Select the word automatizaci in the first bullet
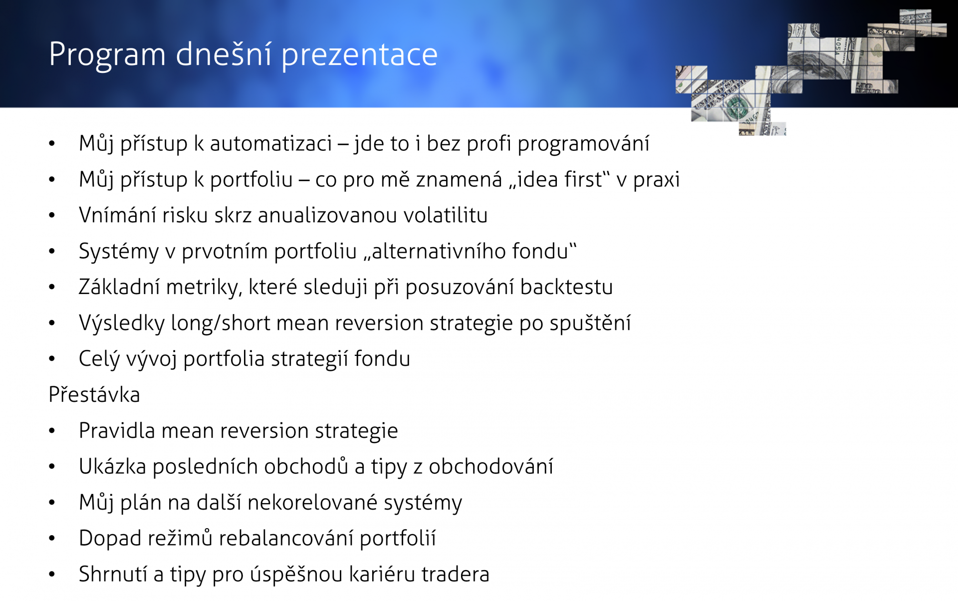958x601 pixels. tap(270, 144)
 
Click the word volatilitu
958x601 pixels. tap(445, 215)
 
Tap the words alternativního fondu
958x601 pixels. tap(470, 251)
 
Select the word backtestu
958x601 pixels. tap(566, 287)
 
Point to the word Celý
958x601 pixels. tap(99, 359)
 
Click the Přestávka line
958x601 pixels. tap(94, 394)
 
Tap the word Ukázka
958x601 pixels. tap(112, 466)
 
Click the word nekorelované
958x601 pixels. tap(312, 502)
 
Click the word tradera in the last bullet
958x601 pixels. tap(455, 574)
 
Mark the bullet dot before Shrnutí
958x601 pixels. tap(52, 575)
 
